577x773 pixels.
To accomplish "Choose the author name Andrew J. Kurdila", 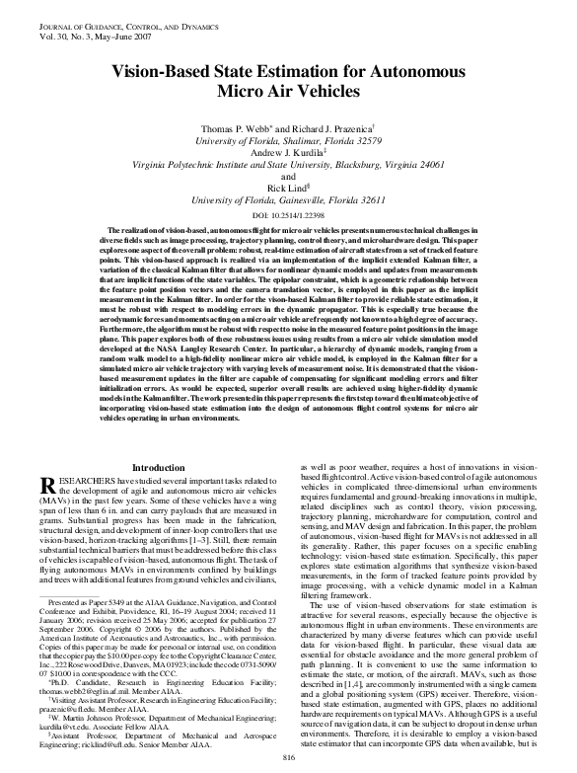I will (287, 155).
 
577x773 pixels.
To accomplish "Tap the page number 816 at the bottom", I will (289, 755).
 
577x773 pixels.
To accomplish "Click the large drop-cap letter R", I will (30, 487).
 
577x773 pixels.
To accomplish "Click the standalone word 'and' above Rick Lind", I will (289, 178).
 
